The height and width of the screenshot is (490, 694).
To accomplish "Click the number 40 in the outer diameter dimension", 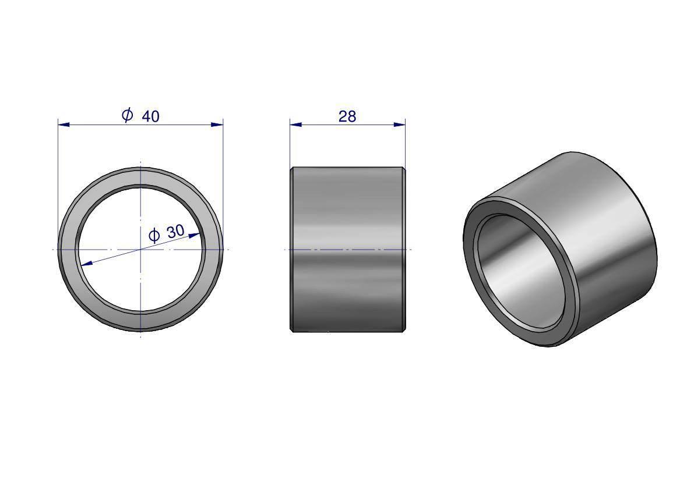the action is pyautogui.click(x=150, y=116).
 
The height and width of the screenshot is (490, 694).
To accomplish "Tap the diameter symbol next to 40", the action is pyautogui.click(x=127, y=115).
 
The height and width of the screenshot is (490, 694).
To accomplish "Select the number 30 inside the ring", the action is pyautogui.click(x=175, y=231).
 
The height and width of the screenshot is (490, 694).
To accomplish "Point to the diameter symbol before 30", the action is pyautogui.click(x=154, y=236).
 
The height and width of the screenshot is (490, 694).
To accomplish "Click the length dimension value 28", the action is pyautogui.click(x=347, y=116).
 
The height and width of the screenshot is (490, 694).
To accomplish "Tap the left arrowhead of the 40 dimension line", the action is pyautogui.click(x=64, y=125).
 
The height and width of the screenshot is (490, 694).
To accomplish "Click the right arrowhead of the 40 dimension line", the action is pyautogui.click(x=217, y=125).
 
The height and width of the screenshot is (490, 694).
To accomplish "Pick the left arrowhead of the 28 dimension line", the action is pyautogui.click(x=296, y=125).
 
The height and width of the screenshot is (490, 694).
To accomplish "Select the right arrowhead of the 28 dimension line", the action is pyautogui.click(x=400, y=125).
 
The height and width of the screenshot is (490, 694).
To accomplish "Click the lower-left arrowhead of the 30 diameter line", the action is pyautogui.click(x=86, y=264).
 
